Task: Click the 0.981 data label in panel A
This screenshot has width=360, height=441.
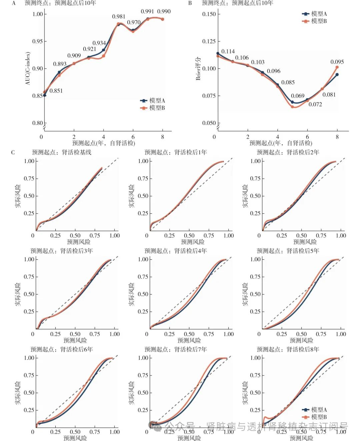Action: coord(119,17)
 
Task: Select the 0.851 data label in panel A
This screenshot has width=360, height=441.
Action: coord(56,91)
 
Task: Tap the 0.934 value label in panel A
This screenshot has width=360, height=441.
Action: coord(99,43)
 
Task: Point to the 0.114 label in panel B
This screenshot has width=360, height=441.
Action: coord(228,51)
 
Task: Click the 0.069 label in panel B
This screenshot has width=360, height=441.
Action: coord(298,96)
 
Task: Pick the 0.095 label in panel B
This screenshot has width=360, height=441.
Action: coord(337,62)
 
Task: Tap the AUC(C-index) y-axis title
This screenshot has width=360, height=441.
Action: coord(28,68)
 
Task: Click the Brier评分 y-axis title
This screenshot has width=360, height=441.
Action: coord(198,68)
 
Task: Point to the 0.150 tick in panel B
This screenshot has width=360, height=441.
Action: coord(209,14)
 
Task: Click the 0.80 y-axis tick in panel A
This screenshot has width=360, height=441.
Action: coord(38,123)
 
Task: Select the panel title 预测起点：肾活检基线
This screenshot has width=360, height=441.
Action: coord(62,152)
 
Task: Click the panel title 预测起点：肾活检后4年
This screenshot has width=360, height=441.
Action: coord(176,251)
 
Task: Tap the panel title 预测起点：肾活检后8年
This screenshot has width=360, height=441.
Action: coord(288,349)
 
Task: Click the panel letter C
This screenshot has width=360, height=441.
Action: coord(13,153)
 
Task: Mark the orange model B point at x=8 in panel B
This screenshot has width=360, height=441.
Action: coord(337,67)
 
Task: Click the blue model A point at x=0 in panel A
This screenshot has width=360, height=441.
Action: coord(45,95)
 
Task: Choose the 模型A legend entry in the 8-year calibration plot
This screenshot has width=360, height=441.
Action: coord(315,410)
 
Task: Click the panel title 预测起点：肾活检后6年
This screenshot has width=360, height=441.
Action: coord(62,349)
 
